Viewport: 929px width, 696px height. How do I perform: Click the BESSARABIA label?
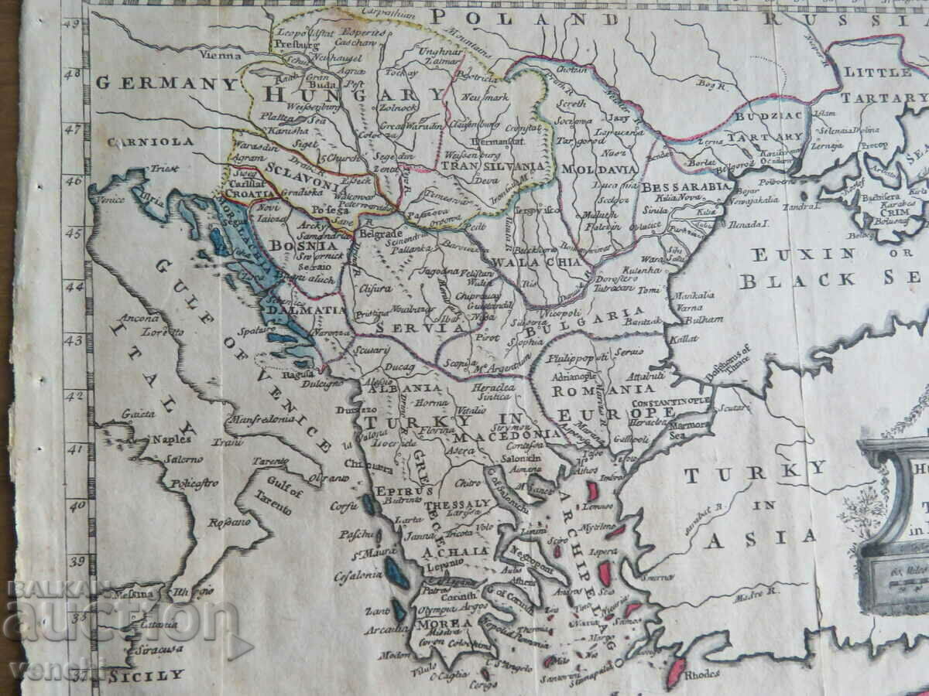click(x=686, y=187)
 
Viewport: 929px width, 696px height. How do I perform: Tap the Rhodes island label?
click(x=701, y=673)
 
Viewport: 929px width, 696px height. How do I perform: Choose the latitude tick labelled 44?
click(x=76, y=286)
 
